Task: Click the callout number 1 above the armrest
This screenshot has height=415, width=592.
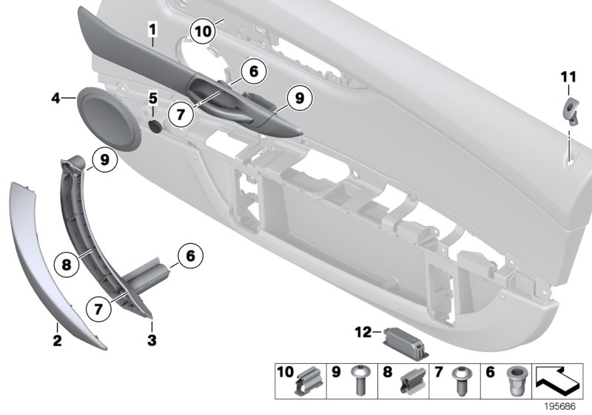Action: [x=152, y=30]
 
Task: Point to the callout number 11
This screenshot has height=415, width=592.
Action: [x=567, y=76]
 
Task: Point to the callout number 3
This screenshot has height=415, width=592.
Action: [x=151, y=342]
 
